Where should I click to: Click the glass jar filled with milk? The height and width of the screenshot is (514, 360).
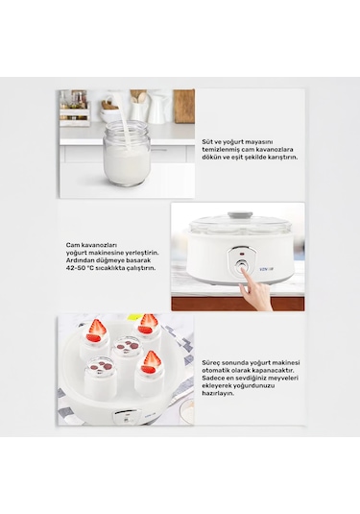(127, 154)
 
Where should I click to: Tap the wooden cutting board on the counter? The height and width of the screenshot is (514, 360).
(184, 107)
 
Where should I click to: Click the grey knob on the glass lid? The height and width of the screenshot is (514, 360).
(240, 215)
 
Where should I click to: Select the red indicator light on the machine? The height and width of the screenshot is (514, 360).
(242, 254)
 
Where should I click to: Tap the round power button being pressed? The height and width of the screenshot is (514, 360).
(242, 266)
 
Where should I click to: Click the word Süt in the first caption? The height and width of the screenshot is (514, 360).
(206, 141)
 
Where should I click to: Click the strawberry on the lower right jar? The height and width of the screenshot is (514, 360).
(151, 361)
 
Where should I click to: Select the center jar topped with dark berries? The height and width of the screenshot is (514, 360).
(127, 357)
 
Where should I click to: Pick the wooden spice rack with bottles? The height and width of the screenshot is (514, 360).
(74, 109)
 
